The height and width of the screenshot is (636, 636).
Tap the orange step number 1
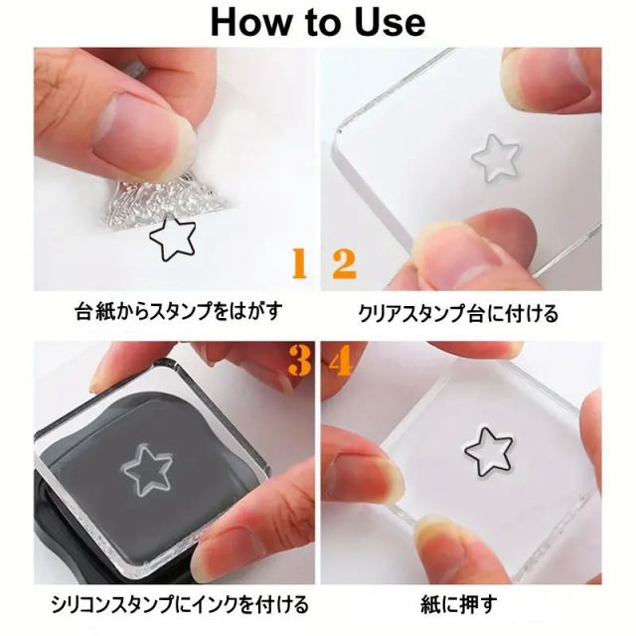click(300, 263)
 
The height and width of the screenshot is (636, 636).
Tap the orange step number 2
click(344, 264)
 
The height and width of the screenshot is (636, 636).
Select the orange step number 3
click(300, 360)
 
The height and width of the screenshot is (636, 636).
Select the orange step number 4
click(340, 360)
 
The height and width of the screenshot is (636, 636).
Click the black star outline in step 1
click(173, 238)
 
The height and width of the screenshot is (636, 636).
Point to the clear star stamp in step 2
click(497, 157)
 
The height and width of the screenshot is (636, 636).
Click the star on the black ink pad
click(147, 469)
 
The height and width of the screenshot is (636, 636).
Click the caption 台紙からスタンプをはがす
click(179, 312)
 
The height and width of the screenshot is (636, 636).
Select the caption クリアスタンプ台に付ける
click(458, 314)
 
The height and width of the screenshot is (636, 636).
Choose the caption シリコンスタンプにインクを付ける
click(180, 605)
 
